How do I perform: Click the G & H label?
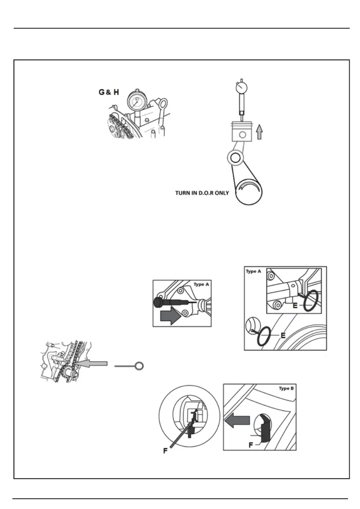point(109,92)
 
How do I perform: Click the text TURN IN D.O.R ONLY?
point(202,193)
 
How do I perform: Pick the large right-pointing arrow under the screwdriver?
point(170,317)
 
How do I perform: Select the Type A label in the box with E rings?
point(254,271)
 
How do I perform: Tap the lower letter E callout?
point(283,335)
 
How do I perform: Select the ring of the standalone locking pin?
point(139,366)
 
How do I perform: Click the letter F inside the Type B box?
point(250,445)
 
